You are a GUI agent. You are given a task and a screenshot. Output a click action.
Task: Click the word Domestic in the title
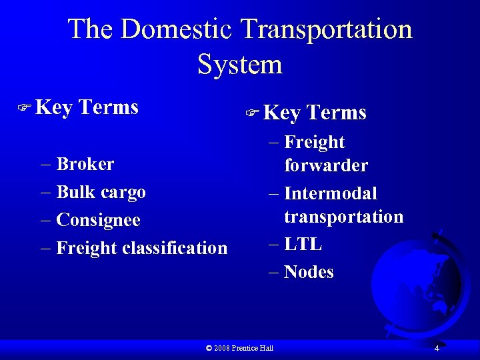tap(177, 30)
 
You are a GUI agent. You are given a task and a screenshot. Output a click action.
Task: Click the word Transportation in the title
tap(327, 30)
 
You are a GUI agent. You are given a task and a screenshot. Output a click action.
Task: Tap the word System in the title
tap(240, 65)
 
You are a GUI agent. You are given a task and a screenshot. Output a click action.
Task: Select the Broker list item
tap(85, 164)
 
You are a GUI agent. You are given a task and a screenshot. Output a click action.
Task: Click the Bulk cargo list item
tap(101, 192)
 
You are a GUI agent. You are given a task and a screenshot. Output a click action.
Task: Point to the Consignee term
tap(98, 220)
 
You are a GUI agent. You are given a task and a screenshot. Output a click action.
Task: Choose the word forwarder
tap(325, 165)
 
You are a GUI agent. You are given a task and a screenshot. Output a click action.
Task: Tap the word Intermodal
tap(330, 194)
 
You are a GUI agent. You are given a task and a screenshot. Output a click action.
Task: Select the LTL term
tap(303, 245)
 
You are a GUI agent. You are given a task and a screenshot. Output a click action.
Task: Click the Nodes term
tap(309, 272)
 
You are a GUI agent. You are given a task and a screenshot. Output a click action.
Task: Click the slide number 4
tap(436, 349)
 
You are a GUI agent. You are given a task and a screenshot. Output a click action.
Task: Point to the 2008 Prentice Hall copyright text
tap(240, 348)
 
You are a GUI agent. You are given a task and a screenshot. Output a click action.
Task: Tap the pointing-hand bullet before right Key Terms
tap(253, 113)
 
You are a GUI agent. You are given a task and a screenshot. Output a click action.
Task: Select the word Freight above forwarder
tap(314, 142)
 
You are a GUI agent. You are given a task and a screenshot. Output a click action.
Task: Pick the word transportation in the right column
tap(343, 217)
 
